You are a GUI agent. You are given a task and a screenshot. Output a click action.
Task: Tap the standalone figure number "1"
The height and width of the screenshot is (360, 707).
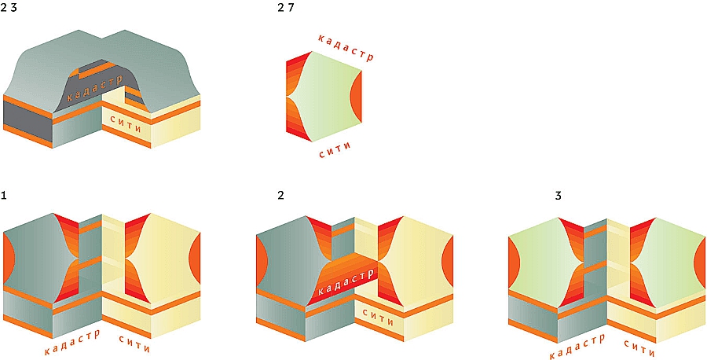(x=4, y=196)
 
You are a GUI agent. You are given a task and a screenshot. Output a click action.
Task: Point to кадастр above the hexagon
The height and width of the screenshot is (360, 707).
(x=346, y=47)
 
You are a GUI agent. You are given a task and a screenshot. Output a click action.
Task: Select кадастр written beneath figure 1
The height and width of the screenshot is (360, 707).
(x=72, y=341)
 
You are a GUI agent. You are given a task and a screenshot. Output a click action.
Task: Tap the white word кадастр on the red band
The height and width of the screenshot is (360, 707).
(x=346, y=281)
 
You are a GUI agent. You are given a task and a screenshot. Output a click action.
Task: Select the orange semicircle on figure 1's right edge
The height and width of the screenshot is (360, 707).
(x=195, y=259)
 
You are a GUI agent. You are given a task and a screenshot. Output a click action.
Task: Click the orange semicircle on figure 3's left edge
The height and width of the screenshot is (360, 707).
(x=514, y=263)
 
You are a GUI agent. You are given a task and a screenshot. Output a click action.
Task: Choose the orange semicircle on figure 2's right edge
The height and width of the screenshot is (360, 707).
(x=447, y=261)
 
